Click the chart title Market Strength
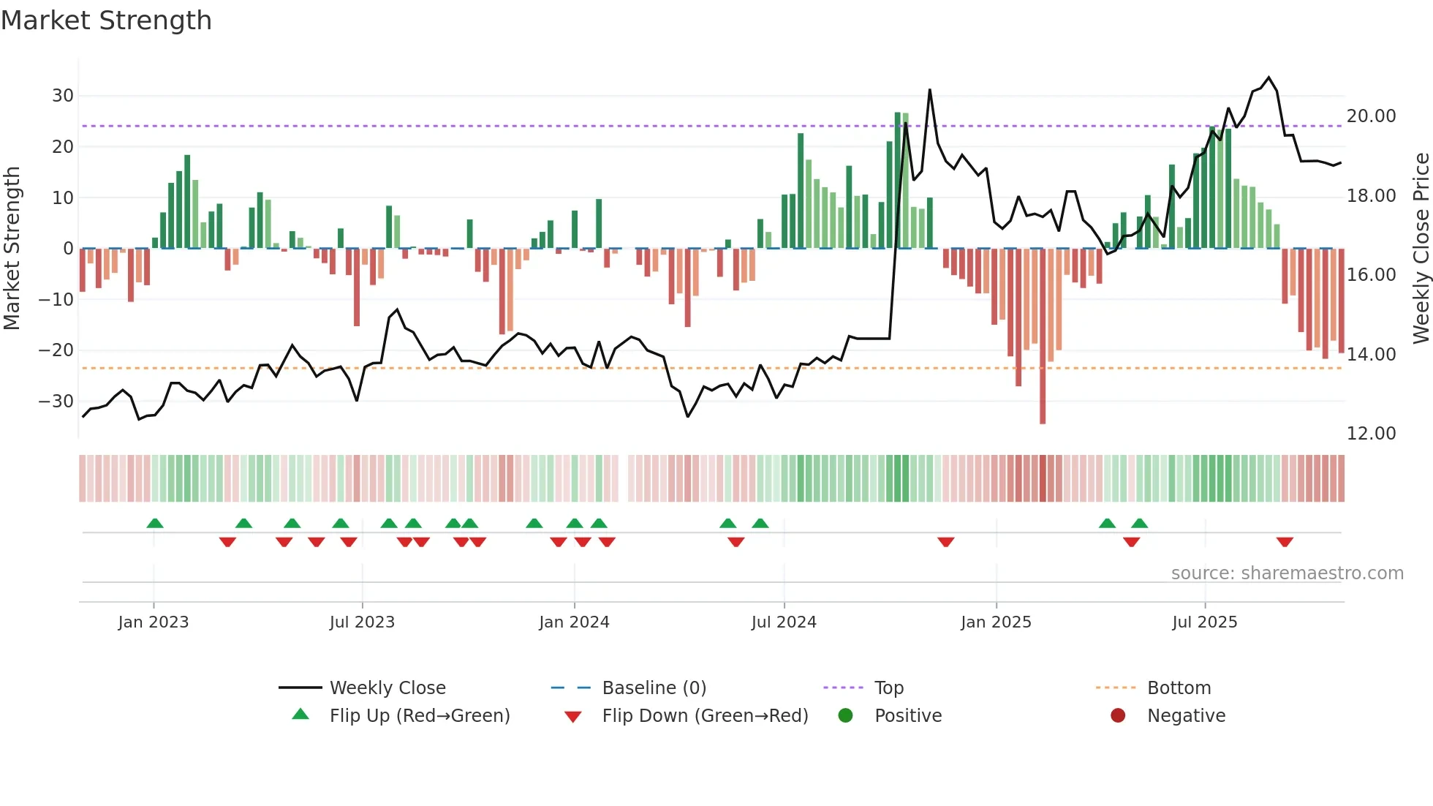point(106,20)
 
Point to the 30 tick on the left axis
point(63,96)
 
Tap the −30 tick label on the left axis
point(56,402)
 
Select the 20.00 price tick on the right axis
point(1371,116)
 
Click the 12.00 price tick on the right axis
point(1371,434)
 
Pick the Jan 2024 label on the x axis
point(574,622)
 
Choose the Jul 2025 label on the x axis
point(1204,622)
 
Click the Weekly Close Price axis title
point(1421,249)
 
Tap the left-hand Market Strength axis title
point(12,249)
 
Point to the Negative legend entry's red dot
point(1118,716)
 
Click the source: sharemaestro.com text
point(1287,573)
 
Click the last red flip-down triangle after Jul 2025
point(1285,542)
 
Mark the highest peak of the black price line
point(1268,78)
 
